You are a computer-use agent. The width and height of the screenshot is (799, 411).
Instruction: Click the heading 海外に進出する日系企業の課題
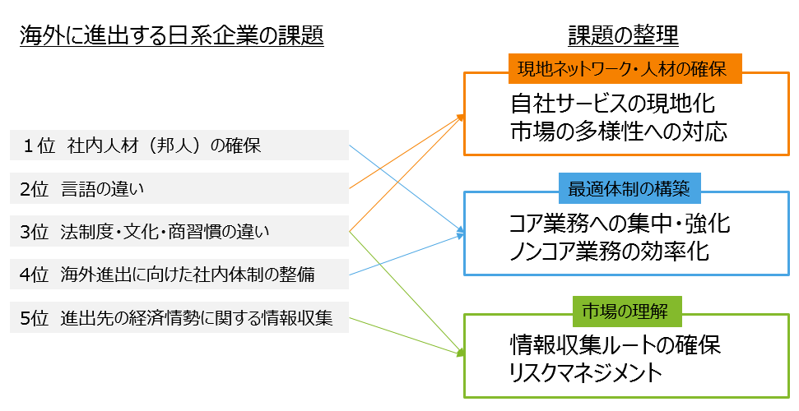point(171,35)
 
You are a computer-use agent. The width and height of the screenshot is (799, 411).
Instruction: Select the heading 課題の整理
point(622,35)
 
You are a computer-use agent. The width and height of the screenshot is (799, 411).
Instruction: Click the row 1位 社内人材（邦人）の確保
point(179,147)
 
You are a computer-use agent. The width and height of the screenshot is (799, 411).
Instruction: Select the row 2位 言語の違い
point(179,189)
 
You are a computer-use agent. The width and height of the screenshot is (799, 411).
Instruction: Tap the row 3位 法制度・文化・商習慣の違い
point(179,232)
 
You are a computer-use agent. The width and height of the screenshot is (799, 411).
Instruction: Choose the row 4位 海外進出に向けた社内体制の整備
point(179,275)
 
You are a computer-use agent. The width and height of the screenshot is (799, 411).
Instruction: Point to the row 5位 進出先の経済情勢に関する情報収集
point(179,317)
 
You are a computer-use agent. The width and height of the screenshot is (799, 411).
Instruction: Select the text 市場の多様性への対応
point(618,132)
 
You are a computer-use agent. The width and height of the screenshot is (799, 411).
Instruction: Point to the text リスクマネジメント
point(585,372)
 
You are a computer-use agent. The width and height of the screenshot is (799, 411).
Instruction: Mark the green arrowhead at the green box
point(459,353)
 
